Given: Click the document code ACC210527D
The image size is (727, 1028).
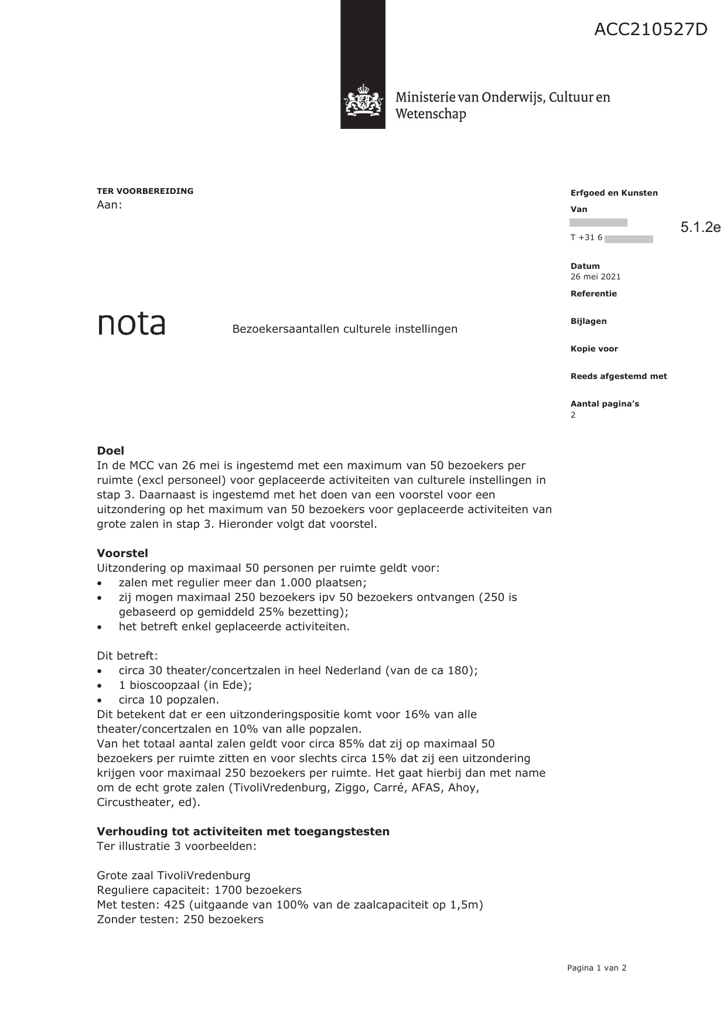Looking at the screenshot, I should click(650, 29).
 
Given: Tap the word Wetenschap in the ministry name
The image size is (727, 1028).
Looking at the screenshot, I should click(431, 114).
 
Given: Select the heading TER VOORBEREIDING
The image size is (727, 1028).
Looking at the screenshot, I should click(145, 191).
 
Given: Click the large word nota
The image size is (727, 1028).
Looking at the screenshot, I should click(131, 323).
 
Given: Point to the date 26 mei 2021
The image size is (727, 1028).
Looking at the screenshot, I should click(595, 276).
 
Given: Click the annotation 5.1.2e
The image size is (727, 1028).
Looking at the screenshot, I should click(700, 227).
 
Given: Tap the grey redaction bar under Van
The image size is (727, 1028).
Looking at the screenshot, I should click(598, 223).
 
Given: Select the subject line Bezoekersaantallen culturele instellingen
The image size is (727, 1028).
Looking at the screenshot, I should click(344, 329).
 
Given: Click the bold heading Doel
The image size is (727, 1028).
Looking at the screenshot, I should click(110, 450).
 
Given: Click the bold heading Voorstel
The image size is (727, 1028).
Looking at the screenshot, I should click(122, 553).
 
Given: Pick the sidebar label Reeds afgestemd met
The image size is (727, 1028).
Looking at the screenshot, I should click(618, 376).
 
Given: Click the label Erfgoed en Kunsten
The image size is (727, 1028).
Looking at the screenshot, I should click(613, 193).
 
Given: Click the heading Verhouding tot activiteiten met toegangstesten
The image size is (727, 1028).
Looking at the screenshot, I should click(243, 831).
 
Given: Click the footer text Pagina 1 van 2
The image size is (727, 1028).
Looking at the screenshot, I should click(596, 968).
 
